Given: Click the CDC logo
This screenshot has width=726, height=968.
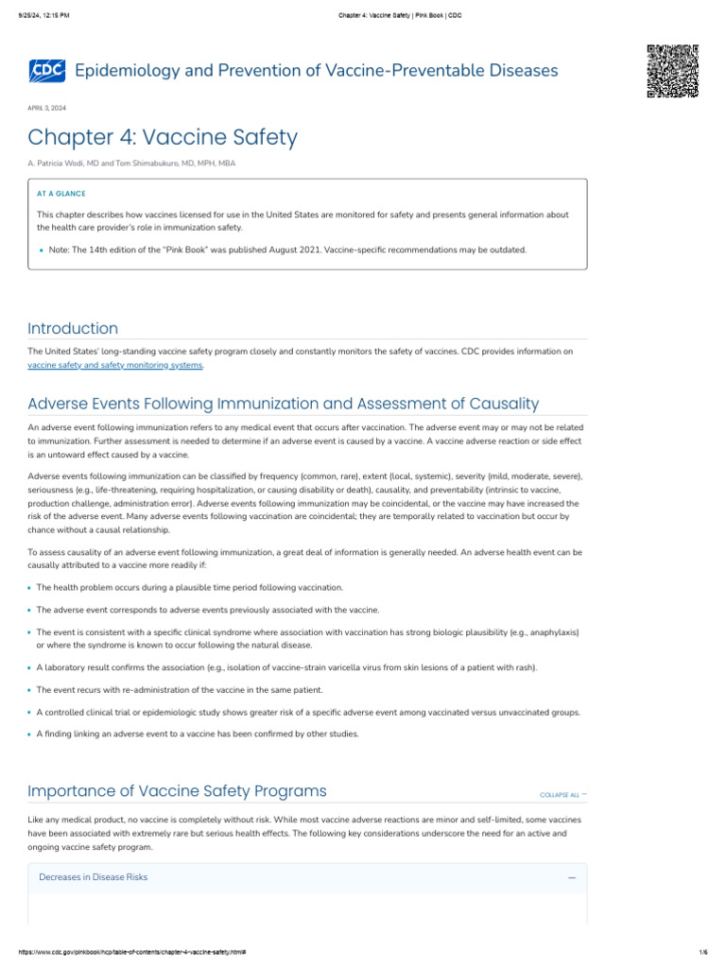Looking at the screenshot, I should coord(47,71).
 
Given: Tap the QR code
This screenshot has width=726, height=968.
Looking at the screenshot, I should coord(672,71).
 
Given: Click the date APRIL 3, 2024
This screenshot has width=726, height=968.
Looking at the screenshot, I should coord(47,108).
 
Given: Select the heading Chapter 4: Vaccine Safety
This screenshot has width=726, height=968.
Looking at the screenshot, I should coord(163,138).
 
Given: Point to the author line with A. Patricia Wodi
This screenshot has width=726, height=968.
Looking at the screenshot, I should coord(131,164).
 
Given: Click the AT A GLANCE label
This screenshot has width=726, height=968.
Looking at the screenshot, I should coord(60,193).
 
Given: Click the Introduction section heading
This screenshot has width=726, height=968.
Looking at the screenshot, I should coord(73,328).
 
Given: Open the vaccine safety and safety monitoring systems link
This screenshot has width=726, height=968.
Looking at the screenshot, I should coord(115,364).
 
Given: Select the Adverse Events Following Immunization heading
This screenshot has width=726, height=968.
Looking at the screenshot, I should coord(283,404).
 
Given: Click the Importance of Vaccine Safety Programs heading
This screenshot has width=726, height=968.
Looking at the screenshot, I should coord(177,790).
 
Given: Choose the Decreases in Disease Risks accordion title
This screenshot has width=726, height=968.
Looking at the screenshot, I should coord(93,877).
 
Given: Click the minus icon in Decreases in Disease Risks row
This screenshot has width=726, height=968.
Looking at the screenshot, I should coord(572,878).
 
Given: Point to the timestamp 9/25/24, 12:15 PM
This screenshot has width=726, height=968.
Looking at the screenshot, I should coord(43,15).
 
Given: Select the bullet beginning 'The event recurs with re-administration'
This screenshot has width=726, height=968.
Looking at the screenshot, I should coord(180,690).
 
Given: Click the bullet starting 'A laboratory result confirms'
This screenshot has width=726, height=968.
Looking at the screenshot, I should coord(286,667).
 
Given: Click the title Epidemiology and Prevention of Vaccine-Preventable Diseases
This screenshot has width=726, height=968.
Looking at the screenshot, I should coord(316,71).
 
